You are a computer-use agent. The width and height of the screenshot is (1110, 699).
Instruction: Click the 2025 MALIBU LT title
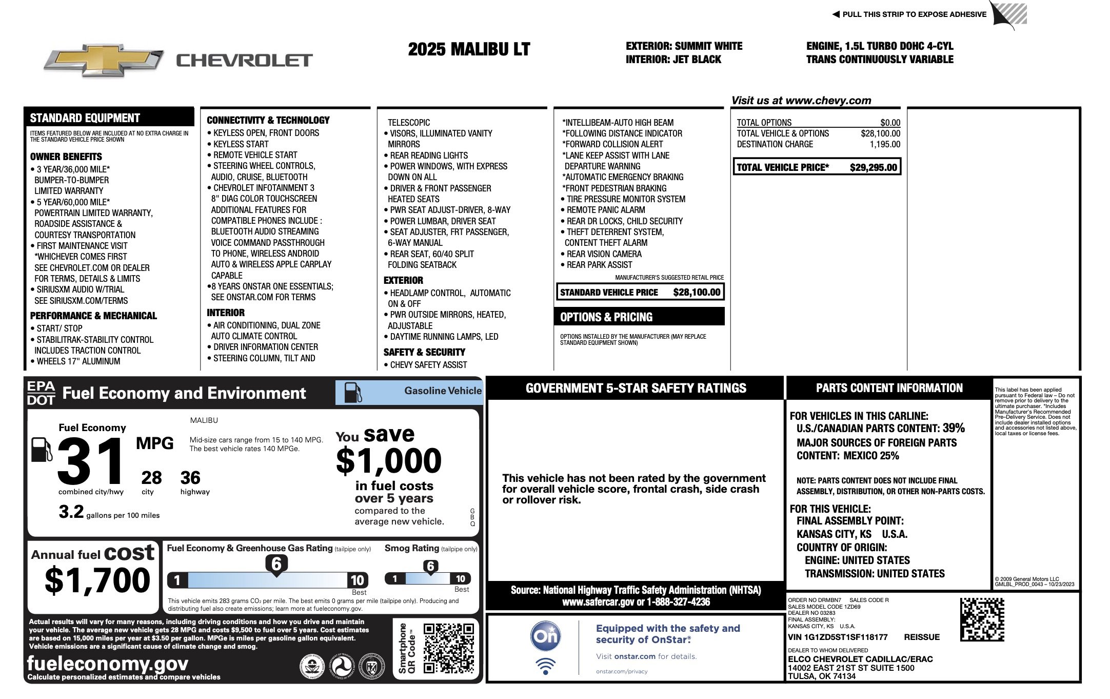point(469,50)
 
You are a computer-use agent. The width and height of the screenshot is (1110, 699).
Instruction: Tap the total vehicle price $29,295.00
point(873,167)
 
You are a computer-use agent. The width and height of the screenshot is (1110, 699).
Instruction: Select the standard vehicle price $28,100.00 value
point(697,293)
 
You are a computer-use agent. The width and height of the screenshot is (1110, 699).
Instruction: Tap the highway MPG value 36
point(190,478)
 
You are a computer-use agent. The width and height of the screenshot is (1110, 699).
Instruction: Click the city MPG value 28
point(151,478)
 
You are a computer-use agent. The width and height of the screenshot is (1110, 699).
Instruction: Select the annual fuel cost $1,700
point(97,580)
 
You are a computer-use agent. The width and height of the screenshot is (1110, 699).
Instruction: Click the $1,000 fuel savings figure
point(388,460)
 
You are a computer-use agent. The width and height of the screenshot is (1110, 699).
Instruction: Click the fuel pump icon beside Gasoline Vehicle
point(352,393)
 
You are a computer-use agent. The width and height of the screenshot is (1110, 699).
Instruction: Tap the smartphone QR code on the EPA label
point(448,648)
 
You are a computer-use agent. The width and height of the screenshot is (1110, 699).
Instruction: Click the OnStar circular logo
point(545,636)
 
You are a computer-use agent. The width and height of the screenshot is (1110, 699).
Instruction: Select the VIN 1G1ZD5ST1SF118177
point(838,637)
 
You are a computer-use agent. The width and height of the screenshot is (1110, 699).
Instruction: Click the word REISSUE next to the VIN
point(922,637)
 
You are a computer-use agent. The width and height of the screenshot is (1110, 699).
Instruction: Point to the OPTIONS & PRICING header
point(606,317)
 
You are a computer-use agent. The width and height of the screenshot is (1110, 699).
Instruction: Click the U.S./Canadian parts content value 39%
point(953,428)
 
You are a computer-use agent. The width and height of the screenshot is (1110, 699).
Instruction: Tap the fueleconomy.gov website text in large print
point(108,664)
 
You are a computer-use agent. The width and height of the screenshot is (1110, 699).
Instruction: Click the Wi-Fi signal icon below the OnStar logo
point(545,666)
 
